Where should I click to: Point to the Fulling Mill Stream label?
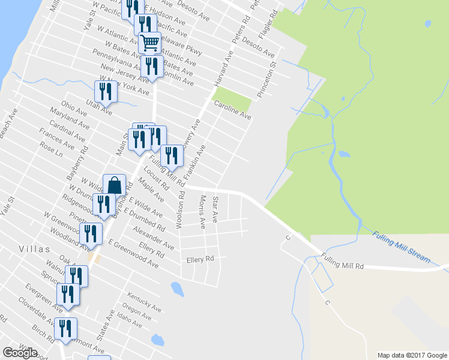(401, 246)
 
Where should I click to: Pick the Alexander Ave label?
(154, 238)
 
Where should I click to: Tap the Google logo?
(20, 353)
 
